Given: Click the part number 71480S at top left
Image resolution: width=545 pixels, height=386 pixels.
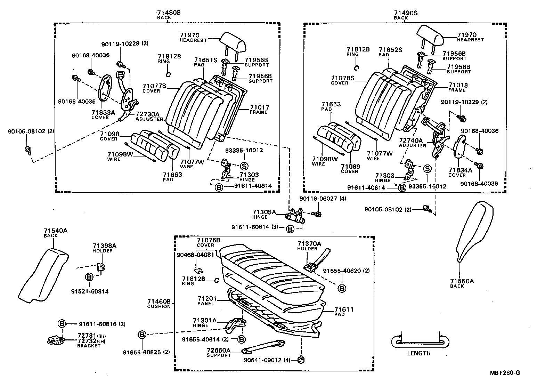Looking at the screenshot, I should [x=169, y=13].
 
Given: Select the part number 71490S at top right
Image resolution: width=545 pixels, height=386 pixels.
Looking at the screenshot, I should [x=406, y=13].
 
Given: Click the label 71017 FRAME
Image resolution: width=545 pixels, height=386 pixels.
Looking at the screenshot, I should [x=259, y=110].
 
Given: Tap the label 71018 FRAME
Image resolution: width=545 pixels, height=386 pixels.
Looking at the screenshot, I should [x=458, y=87].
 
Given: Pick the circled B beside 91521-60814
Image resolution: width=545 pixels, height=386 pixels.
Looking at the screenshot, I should [x=89, y=277].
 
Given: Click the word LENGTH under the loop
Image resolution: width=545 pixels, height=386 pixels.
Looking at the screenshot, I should [x=418, y=353].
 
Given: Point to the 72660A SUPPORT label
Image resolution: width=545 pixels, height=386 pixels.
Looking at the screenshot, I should [x=219, y=353].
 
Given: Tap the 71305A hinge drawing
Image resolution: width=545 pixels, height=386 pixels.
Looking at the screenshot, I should [x=294, y=215].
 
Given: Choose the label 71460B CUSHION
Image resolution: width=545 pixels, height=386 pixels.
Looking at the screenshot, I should [x=159, y=304].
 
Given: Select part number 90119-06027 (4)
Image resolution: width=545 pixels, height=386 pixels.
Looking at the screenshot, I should [x=318, y=199].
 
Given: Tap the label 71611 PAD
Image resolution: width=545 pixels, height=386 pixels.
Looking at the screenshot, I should [x=343, y=312].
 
